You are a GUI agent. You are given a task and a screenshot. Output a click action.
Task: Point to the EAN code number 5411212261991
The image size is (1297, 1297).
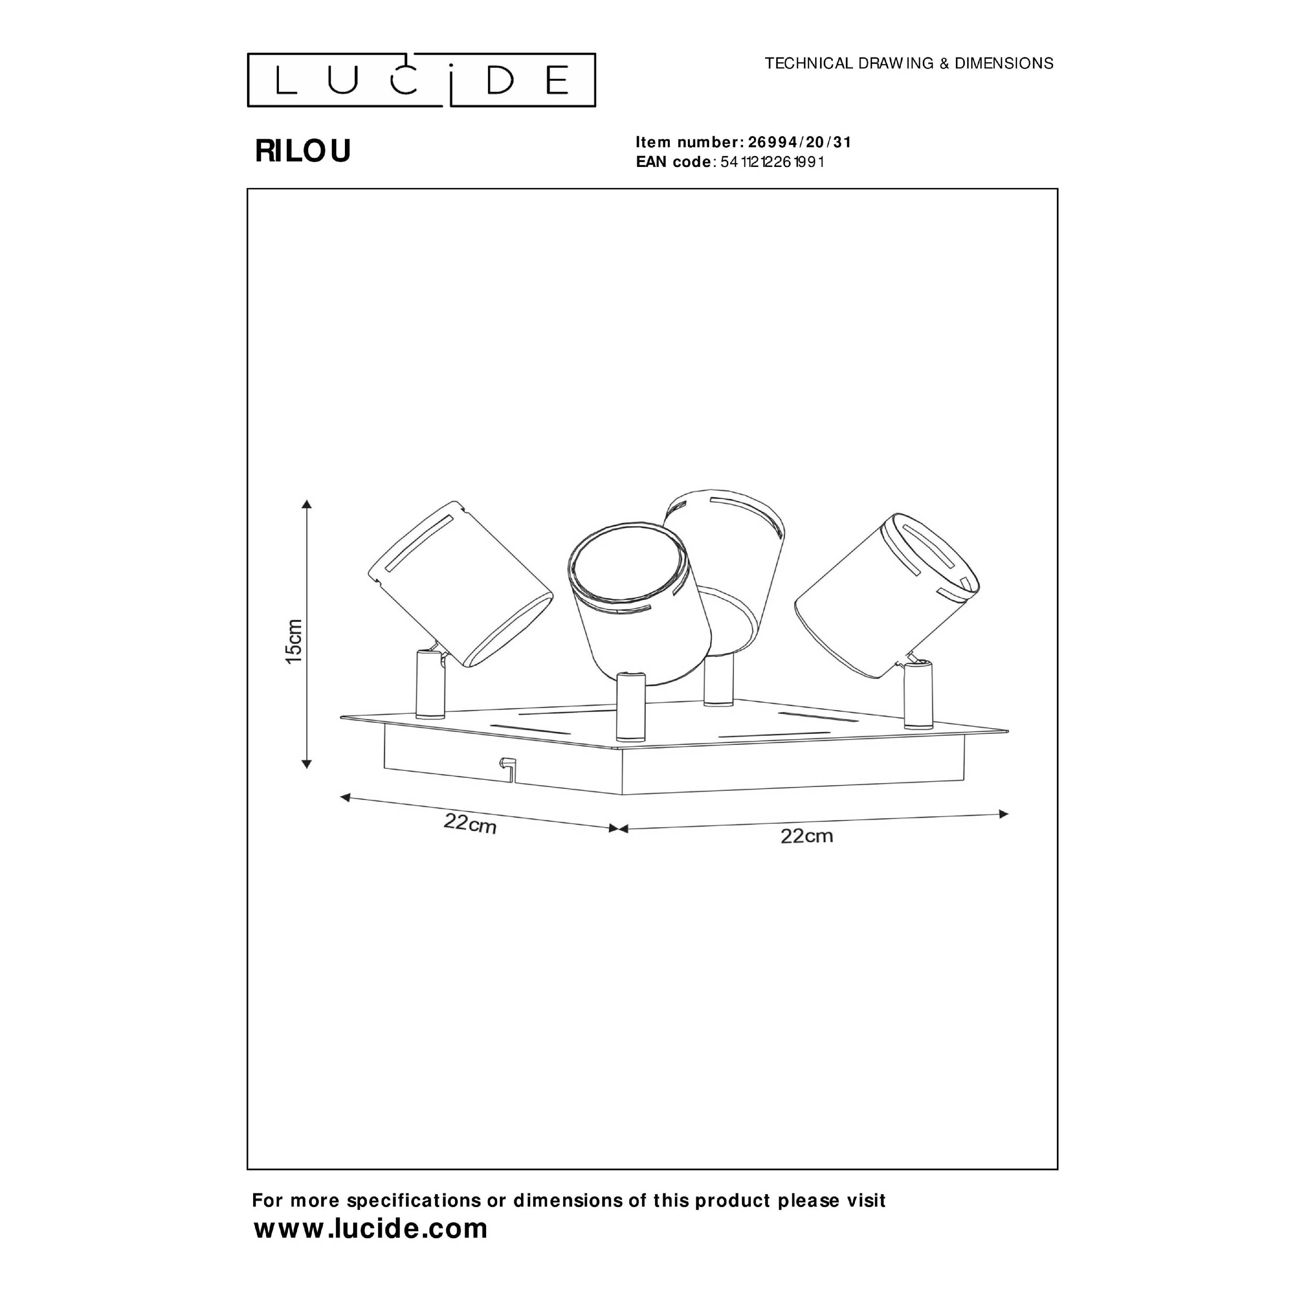(772, 162)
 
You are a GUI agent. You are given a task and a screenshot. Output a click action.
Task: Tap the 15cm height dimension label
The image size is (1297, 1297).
(294, 641)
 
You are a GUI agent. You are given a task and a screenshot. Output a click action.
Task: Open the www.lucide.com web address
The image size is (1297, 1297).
(371, 1228)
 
